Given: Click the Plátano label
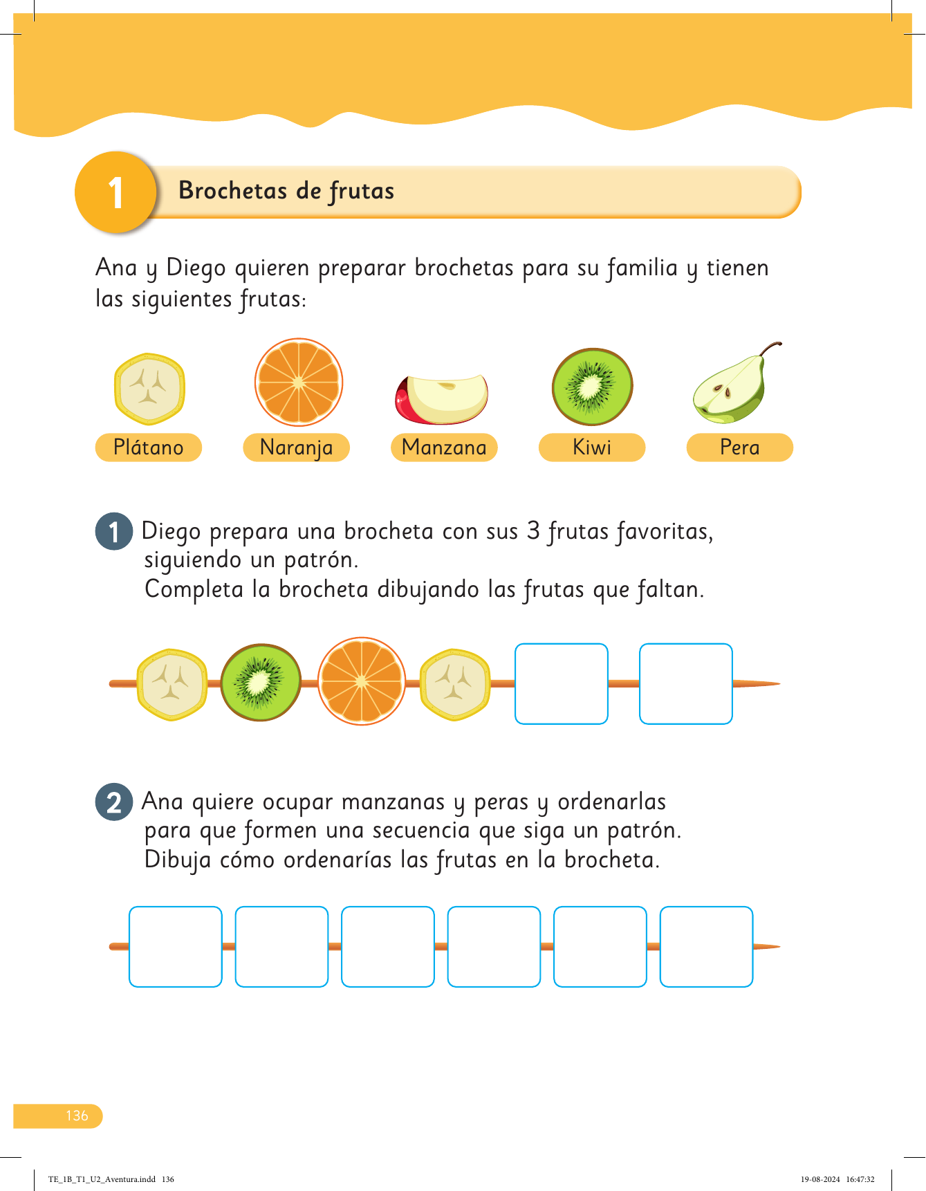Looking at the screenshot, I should [x=148, y=447].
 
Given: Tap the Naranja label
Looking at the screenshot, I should [x=296, y=447].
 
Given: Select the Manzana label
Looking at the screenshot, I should [x=444, y=447].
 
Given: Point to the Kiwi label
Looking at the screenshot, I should [x=592, y=447].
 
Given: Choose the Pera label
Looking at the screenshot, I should [x=739, y=447].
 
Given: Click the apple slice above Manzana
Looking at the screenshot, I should [x=442, y=399].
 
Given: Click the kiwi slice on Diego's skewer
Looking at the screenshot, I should [x=261, y=683].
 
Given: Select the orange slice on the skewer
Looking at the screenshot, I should [x=361, y=681].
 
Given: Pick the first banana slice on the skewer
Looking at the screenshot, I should [x=172, y=684].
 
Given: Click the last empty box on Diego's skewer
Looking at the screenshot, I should [x=685, y=684].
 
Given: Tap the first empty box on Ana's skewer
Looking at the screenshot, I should [x=176, y=946].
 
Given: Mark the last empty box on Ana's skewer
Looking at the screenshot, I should [x=706, y=946].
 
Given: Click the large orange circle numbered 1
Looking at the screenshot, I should [x=115, y=192].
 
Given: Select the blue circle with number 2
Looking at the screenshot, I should [x=114, y=802].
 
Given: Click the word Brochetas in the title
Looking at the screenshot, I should [x=232, y=191].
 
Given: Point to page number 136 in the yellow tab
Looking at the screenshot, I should [x=77, y=1116].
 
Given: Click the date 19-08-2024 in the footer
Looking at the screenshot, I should [x=820, y=1179].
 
